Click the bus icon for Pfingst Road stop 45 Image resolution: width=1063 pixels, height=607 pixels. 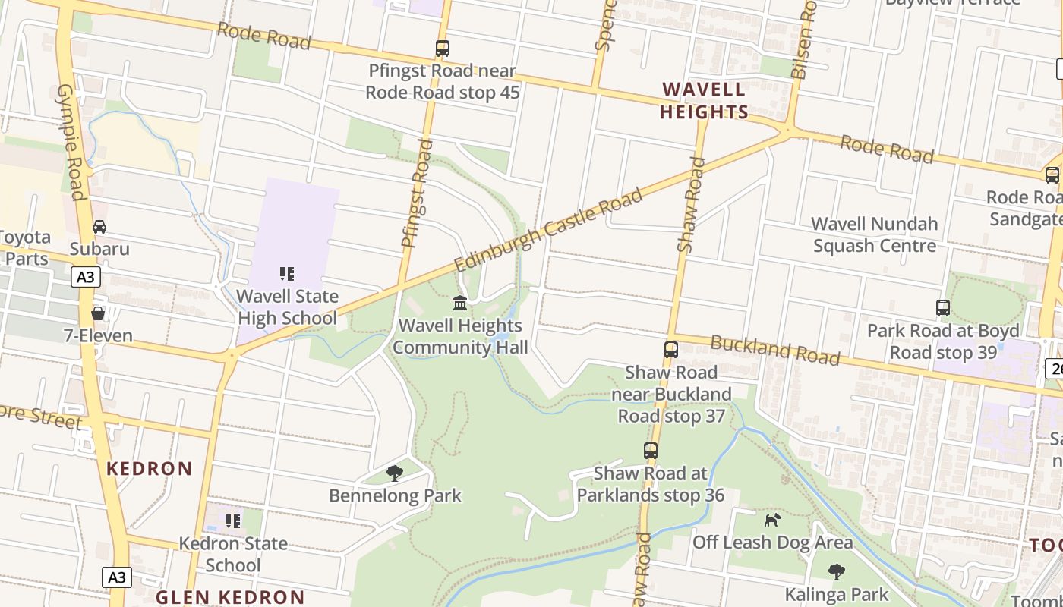[442, 49]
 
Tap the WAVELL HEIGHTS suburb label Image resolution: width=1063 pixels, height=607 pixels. [704, 101]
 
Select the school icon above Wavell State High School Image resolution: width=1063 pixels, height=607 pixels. [286, 274]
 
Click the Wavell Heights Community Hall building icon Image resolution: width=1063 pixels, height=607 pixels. [460, 303]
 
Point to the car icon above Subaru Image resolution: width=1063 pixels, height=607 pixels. [99, 227]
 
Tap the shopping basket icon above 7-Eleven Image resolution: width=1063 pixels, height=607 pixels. [98, 313]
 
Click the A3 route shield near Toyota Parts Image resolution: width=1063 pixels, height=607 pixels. [87, 278]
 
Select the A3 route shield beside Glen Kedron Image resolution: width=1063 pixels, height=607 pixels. [117, 577]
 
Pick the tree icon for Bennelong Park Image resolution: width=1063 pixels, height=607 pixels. [394, 473]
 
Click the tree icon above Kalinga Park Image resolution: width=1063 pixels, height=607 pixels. [836, 571]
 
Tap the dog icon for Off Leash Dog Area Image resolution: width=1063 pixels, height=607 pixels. [772, 521]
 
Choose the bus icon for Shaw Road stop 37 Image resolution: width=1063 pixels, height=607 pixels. [670, 350]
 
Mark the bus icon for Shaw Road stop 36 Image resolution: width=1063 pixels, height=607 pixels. [650, 451]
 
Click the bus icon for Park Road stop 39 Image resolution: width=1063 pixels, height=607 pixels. [942, 308]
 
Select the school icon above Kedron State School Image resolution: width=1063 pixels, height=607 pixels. [233, 521]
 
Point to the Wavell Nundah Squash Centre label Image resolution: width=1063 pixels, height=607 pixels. [874, 235]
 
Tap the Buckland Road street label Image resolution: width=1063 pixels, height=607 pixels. [774, 351]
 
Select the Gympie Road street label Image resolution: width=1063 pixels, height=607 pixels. [71, 142]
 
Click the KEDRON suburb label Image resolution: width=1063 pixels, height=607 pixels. [150, 469]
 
